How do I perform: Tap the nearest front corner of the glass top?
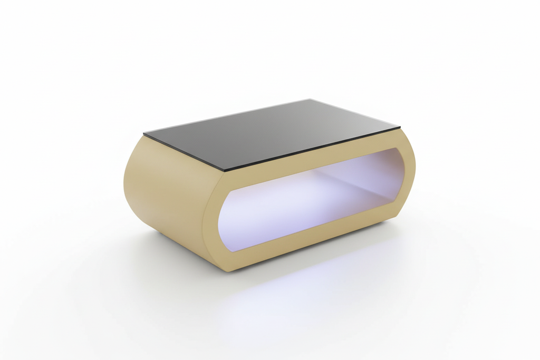coord(225,170)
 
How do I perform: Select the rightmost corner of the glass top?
coord(400,128)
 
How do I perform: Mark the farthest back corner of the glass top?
coord(310,99)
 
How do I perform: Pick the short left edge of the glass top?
coord(185,152)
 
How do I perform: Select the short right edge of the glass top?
coord(355,113)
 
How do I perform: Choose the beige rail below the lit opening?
coord(311,232)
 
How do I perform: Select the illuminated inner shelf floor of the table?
coord(295,211)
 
